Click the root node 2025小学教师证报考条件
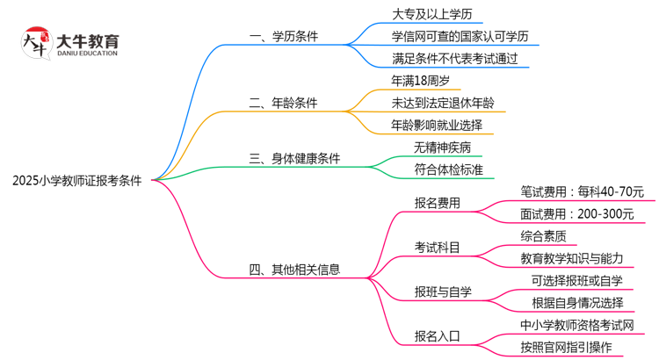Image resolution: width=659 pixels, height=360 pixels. [x=83, y=181]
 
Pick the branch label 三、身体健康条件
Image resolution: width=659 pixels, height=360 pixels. [x=295, y=159]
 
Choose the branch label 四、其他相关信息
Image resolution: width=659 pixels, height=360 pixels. [x=295, y=270]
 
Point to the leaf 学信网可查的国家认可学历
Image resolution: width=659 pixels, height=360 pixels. [x=460, y=37]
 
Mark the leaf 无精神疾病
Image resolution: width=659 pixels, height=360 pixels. [x=442, y=148]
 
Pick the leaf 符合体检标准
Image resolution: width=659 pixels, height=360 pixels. [x=447, y=169]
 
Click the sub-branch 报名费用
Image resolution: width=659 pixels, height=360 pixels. [x=437, y=203]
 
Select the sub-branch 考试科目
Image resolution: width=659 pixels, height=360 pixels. [x=437, y=247]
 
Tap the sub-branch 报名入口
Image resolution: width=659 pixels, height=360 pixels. [x=437, y=335]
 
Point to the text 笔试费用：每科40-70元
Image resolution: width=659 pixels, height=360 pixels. [x=582, y=191]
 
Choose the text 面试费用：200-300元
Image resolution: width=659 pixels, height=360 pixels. [x=576, y=213]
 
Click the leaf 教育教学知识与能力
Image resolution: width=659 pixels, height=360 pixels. [x=571, y=258]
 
